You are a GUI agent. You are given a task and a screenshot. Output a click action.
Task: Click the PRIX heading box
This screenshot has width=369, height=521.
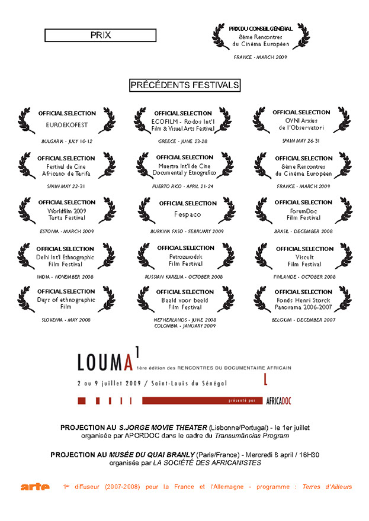pos(100,36)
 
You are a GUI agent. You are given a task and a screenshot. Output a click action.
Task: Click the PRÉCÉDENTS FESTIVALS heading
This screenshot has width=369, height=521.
pos(185,85)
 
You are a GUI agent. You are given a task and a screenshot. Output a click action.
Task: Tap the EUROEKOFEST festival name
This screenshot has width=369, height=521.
pos(66,125)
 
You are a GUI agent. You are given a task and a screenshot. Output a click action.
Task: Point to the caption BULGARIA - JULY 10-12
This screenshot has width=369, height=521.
pos(66,141)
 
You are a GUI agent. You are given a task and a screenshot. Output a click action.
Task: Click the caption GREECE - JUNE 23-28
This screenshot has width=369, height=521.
pos(182,141)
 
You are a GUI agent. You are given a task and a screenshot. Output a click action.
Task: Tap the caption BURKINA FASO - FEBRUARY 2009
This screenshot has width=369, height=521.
pos(184,231)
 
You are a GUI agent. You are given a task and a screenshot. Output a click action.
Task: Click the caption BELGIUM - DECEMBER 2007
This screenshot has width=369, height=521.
pos(303,320)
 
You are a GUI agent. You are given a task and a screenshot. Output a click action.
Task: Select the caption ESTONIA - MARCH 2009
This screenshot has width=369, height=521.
pos(66,231)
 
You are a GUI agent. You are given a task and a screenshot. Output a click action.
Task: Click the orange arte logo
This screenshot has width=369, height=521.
pos(35,487)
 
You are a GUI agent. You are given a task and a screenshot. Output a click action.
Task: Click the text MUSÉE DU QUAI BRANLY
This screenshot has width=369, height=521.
pos(144,455)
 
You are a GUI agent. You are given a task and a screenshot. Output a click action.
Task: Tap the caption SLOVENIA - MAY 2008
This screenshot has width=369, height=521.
pos(66,320)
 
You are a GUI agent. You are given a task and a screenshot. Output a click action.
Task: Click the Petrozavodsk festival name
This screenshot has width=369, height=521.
pos(184,257)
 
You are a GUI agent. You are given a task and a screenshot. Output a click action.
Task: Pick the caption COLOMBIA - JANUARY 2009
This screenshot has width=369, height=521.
pos(185,326)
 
